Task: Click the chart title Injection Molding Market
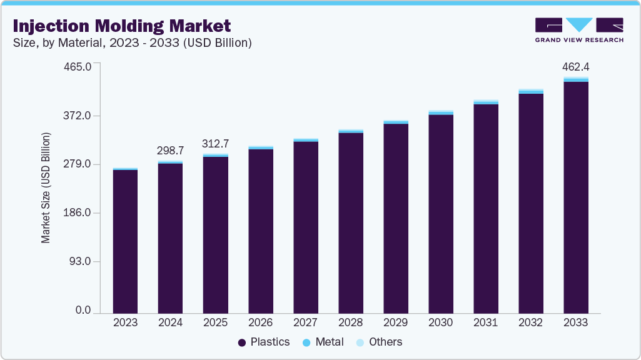[121, 26]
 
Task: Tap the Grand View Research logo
[579, 29]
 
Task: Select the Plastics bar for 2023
[125, 241]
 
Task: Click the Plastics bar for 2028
[351, 222]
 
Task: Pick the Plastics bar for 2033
[575, 197]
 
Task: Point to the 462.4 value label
[575, 66]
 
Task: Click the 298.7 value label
[170, 151]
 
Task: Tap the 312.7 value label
[215, 143]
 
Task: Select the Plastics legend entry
[264, 342]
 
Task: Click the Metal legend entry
[323, 342]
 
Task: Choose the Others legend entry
[379, 342]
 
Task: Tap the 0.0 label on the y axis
[83, 311]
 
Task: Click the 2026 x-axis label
[260, 322]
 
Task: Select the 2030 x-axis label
[440, 322]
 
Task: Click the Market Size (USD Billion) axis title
[46, 187]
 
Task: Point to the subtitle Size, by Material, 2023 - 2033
[132, 42]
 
